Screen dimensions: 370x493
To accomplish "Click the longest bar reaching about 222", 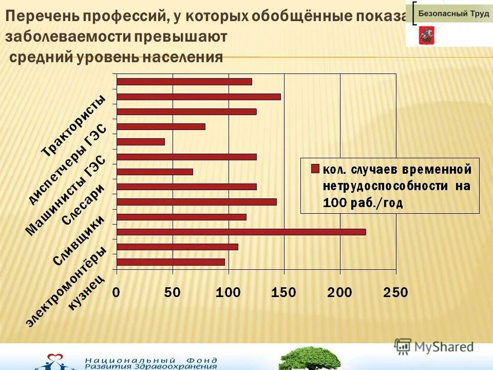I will coord(241,232).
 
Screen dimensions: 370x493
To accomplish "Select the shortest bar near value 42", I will coord(141,142).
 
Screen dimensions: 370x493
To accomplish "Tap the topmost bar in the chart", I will coord(184,82).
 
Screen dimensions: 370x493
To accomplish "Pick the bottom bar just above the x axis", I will coord(171,262).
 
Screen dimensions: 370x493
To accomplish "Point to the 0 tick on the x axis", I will coord(117,292).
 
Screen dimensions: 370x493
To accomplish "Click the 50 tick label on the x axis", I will coord(173,292).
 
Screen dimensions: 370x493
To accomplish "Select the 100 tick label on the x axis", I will coord(228,292).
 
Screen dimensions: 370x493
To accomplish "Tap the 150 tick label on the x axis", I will coord(284,292).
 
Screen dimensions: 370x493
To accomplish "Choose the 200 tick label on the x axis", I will coord(340,292).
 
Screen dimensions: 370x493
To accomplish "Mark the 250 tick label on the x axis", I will coord(395,292).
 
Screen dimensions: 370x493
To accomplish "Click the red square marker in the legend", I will coord(315,168).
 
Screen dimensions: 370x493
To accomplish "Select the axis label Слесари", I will coord(84,205).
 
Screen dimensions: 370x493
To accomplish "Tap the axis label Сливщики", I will coord(79,240).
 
